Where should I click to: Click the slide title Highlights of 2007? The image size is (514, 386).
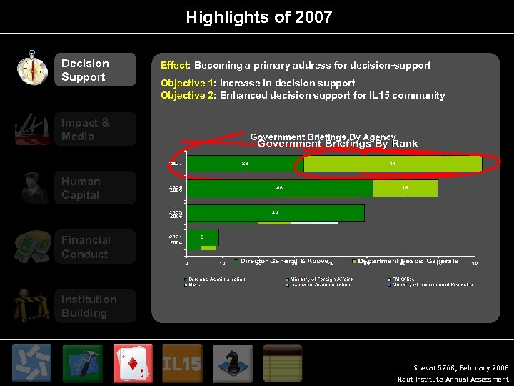(x=258, y=16)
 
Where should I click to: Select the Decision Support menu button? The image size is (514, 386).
(x=94, y=70)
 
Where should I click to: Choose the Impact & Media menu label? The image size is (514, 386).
(x=86, y=129)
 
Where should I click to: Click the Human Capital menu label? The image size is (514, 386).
(x=81, y=188)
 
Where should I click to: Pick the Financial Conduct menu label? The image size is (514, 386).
(x=86, y=247)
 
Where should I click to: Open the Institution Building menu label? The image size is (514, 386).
(x=89, y=306)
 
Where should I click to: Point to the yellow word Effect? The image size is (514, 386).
(x=176, y=65)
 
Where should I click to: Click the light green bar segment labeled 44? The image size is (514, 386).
(x=392, y=164)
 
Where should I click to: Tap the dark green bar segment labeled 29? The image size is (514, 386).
(x=245, y=164)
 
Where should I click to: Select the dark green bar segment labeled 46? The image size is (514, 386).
(x=279, y=188)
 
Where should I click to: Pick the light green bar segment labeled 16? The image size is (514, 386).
(x=405, y=188)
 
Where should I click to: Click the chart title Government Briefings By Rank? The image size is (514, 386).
(x=337, y=144)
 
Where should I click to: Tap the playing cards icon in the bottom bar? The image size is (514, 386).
(x=133, y=363)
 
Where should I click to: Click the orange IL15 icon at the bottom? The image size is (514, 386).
(x=182, y=363)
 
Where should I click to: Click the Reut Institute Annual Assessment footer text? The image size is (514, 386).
(x=453, y=380)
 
